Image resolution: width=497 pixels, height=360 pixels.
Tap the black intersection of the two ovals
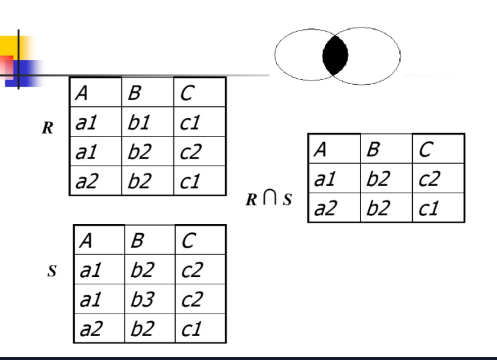coord(335,56)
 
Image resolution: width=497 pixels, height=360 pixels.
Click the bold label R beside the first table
coord(46,129)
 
